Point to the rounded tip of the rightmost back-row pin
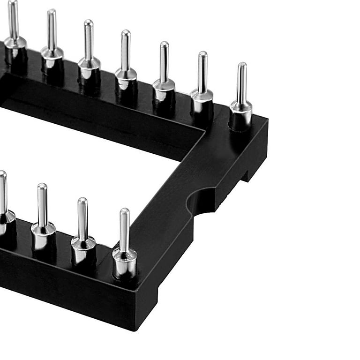point(241,65)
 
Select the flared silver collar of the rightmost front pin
point(125,255)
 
